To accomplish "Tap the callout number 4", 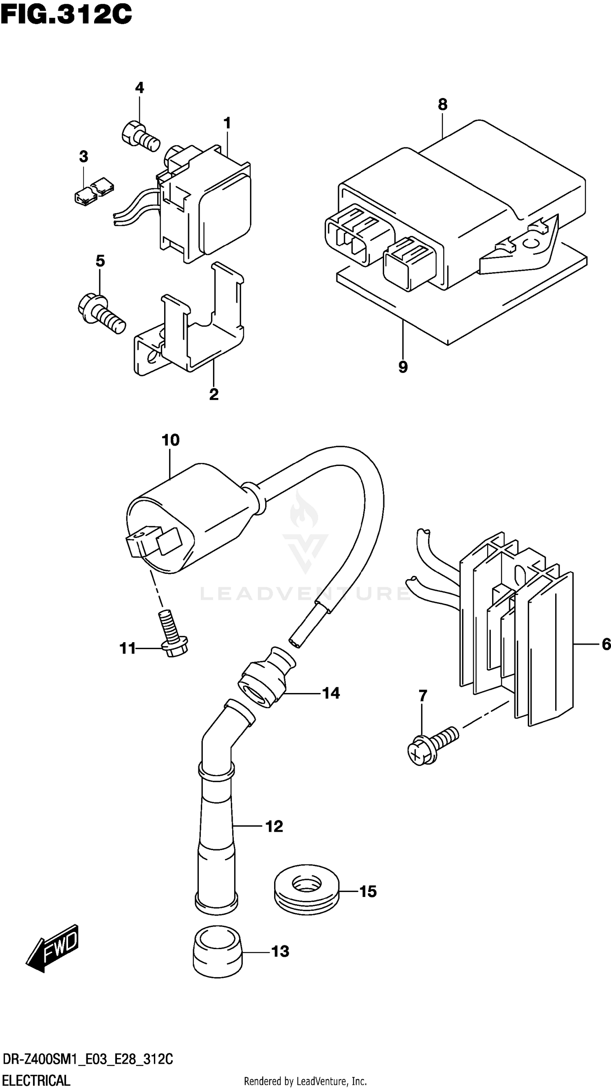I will (x=139, y=88).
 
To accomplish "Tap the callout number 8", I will (x=442, y=104).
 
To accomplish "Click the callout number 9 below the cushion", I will (x=403, y=367).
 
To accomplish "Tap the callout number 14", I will (x=330, y=693).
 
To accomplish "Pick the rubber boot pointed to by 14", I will (x=264, y=679).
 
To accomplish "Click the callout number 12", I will (x=274, y=826).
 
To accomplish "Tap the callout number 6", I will (x=605, y=644).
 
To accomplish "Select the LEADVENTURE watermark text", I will (x=305, y=594).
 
